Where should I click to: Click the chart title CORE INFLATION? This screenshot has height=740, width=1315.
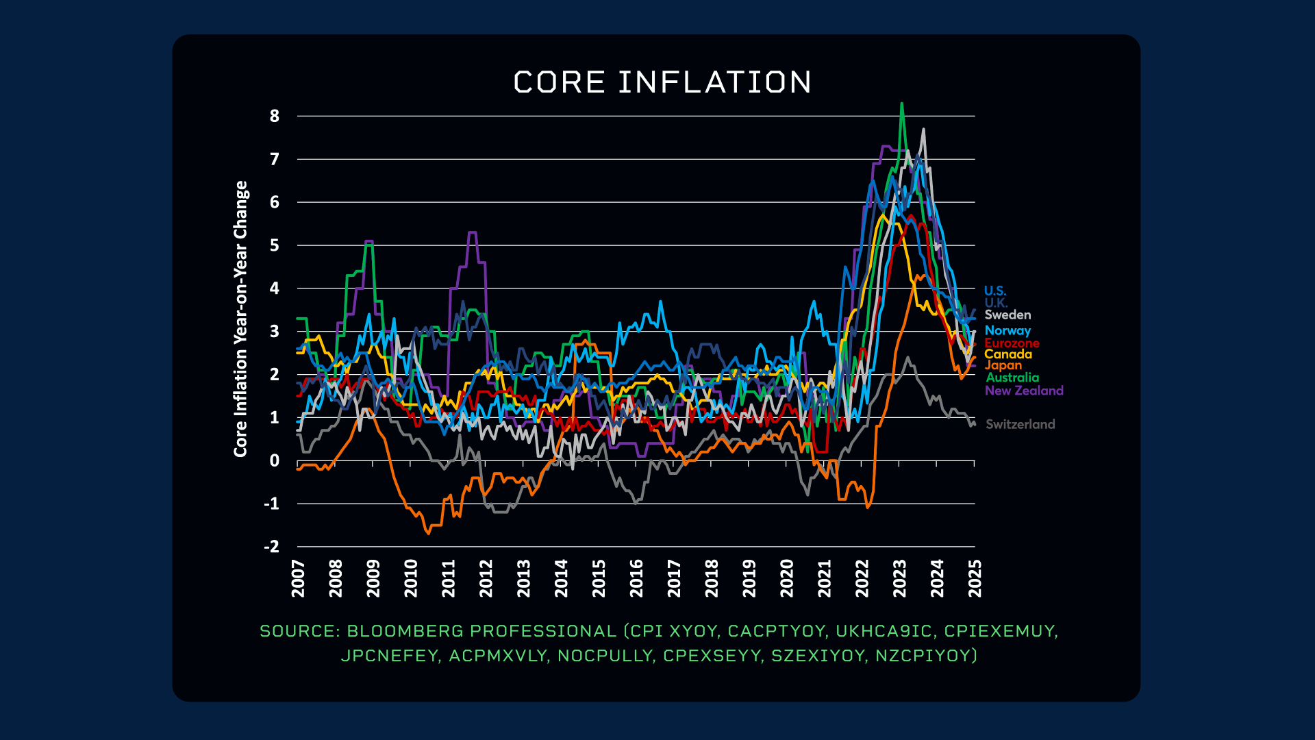(662, 82)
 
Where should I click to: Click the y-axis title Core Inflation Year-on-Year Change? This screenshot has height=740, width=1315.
(240, 319)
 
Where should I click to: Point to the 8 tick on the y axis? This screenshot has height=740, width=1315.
(275, 116)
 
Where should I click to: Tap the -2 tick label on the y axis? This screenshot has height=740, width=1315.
(272, 547)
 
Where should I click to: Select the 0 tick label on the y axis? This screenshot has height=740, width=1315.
(275, 461)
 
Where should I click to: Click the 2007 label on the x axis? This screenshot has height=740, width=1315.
(299, 578)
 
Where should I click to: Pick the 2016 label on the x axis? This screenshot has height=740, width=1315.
(637, 578)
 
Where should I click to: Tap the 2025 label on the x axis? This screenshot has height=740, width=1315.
(975, 578)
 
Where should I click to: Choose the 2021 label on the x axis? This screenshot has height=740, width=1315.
(825, 578)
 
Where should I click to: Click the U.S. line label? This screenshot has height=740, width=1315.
(995, 291)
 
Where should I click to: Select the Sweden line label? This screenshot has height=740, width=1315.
(1007, 315)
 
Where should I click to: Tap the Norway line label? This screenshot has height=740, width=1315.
(1007, 330)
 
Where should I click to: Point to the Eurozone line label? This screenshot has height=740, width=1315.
(1012, 343)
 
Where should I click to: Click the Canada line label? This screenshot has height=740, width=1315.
(1008, 354)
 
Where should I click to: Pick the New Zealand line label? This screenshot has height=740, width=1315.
(1024, 391)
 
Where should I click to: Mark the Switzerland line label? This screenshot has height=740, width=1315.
(1020, 424)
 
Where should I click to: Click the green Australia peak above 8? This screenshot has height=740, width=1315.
(901, 104)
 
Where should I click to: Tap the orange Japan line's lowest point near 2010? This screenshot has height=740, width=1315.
(429, 533)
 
